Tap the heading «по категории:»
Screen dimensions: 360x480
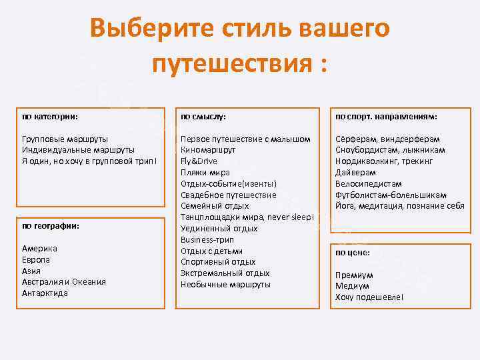point(50,117)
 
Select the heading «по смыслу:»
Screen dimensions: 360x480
point(203,117)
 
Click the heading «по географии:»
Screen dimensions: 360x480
point(51,226)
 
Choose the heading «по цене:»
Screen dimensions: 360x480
point(353,253)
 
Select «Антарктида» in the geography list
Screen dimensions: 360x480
point(45,293)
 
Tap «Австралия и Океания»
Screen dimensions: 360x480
point(64,282)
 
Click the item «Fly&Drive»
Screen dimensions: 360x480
point(199,161)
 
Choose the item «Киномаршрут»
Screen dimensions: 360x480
point(209,150)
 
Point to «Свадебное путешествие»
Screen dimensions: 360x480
point(228,195)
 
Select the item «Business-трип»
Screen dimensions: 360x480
point(207,239)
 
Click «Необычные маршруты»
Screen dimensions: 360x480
point(225,285)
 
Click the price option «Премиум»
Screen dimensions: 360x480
point(354,275)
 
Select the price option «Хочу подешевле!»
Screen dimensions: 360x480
point(369,297)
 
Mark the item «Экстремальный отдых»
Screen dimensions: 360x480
point(225,273)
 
